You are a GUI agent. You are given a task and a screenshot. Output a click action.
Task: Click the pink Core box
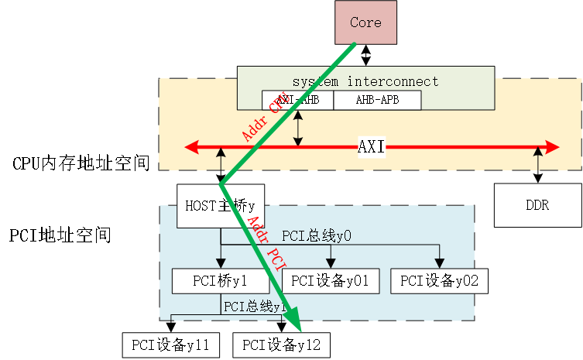[365, 22]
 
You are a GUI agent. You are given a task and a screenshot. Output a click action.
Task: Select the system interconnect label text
[365, 81]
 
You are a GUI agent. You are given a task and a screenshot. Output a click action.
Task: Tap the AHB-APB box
[377, 100]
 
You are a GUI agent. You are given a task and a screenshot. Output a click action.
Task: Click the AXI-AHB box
[297, 100]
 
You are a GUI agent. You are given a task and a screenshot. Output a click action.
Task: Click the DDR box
[538, 205]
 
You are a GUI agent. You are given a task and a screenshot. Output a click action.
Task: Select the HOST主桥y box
[220, 206]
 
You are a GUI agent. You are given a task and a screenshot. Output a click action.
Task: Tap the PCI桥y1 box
[220, 281]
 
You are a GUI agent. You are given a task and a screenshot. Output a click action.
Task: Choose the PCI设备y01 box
[331, 281]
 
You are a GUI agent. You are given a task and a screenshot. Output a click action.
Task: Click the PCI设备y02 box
[440, 281]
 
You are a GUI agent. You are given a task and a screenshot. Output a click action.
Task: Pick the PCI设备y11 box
[171, 345]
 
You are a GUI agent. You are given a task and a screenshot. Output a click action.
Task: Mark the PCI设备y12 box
[281, 345]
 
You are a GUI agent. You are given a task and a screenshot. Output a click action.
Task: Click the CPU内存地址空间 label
[81, 163]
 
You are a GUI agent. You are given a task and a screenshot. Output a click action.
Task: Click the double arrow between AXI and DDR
[538, 165]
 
